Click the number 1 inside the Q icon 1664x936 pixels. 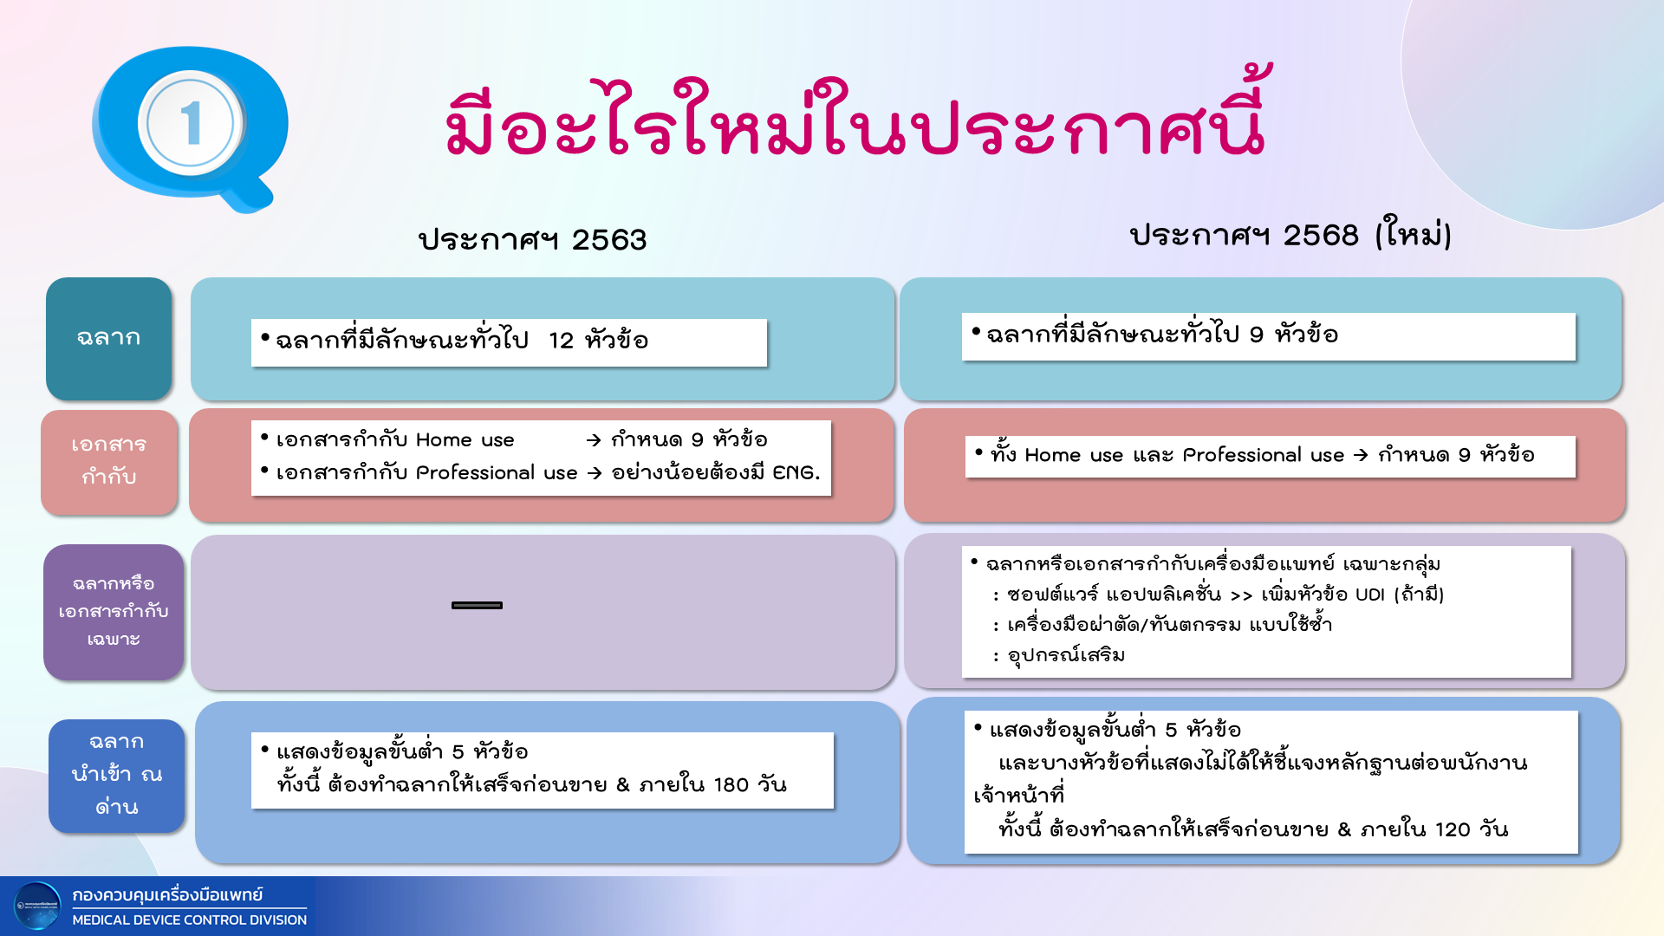(x=192, y=122)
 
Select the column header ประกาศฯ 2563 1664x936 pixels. (x=532, y=239)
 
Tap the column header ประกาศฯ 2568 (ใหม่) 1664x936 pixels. (x=1290, y=234)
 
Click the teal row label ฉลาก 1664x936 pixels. (x=109, y=338)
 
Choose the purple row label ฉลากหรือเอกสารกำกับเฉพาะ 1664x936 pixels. (x=114, y=612)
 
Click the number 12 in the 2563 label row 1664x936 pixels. (x=561, y=341)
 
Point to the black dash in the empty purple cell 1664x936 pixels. (x=477, y=605)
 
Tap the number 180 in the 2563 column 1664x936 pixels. (x=731, y=785)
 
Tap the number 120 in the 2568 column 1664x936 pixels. (x=1453, y=830)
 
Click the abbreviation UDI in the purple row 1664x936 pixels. (x=1370, y=595)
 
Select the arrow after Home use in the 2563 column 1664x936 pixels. (x=594, y=440)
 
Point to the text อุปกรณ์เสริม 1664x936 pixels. (x=1066, y=655)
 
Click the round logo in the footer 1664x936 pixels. (x=38, y=907)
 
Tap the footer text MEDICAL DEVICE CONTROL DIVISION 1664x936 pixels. (x=190, y=920)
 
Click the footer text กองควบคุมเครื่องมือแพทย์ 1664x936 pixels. (x=167, y=895)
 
